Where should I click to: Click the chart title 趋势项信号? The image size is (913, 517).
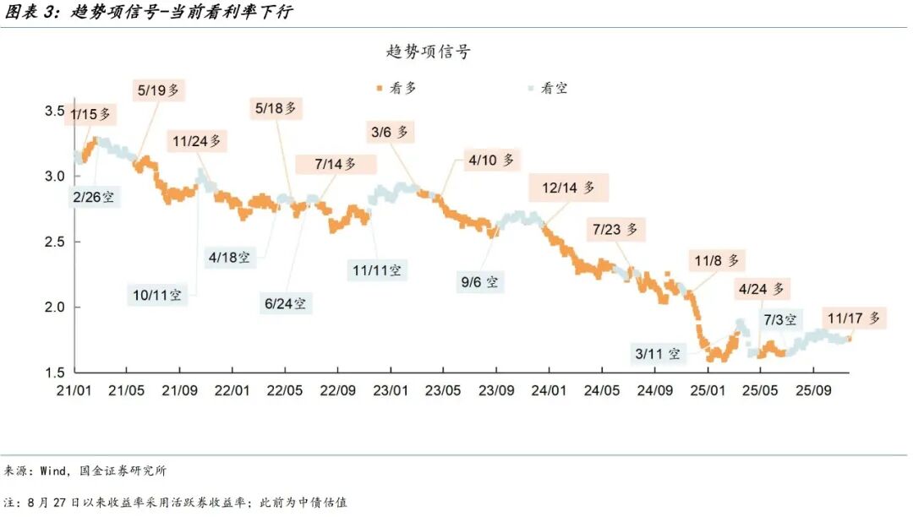429,52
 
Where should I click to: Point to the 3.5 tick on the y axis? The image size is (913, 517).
55,112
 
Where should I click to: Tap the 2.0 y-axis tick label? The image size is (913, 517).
55,307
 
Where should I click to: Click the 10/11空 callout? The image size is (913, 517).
157,295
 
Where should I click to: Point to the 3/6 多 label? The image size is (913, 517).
390,132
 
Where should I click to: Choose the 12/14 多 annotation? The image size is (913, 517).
569,188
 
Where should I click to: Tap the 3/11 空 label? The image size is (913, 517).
658,354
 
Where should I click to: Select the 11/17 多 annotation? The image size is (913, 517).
854,318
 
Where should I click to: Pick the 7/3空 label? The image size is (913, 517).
780,320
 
